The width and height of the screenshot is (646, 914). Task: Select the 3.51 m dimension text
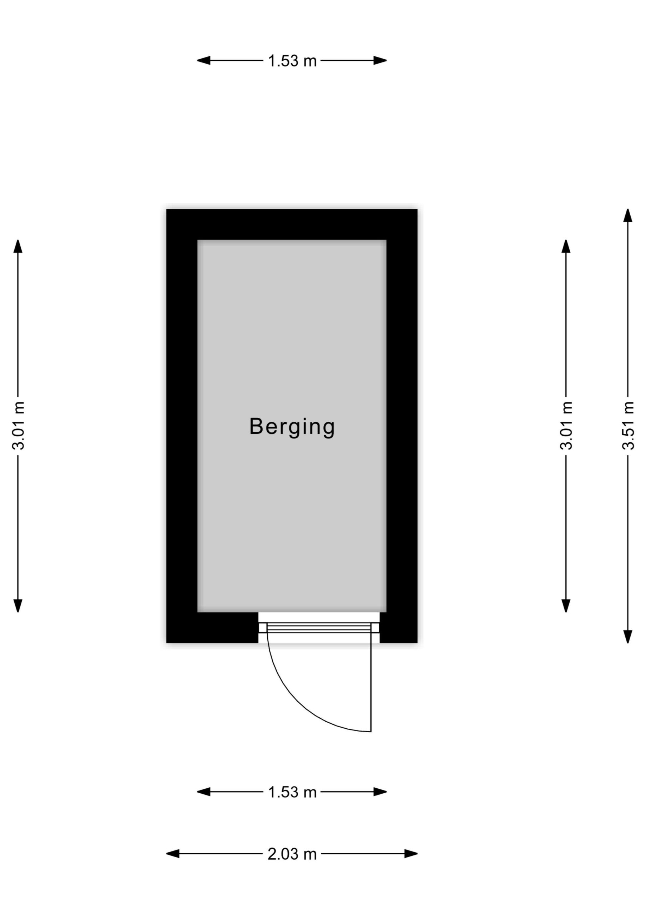click(628, 426)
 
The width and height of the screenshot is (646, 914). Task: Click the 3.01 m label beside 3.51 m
click(566, 426)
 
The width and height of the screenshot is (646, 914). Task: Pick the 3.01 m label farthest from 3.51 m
click(18, 426)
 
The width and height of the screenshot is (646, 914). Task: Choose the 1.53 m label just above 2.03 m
click(292, 792)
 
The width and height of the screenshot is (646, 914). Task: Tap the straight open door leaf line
click(371, 682)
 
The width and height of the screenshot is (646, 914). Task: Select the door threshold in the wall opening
click(319, 628)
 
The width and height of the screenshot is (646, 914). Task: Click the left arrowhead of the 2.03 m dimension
click(173, 854)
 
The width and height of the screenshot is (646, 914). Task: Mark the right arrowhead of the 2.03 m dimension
click(411, 854)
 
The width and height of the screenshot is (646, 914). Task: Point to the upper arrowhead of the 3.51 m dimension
click(628, 215)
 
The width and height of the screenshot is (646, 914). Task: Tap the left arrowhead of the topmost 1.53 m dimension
click(204, 60)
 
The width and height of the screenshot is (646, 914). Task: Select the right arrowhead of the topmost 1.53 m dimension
click(380, 60)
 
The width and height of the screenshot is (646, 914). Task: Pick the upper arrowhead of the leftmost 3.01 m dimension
click(18, 246)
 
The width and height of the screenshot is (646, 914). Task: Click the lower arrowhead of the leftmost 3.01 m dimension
click(18, 606)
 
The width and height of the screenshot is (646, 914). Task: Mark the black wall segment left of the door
click(212, 628)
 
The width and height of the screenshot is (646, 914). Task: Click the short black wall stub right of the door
click(398, 628)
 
